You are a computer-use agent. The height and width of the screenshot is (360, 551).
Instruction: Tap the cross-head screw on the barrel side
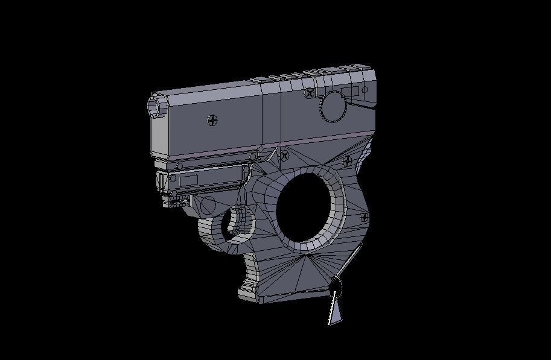(x=212, y=120)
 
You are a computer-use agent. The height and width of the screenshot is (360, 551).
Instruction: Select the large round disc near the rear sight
(x=333, y=107)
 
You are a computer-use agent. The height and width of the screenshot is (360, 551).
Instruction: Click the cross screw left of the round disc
(x=310, y=93)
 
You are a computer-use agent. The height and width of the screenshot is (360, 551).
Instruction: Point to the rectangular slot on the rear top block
(x=350, y=92)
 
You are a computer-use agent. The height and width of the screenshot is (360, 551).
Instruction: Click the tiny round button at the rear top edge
(x=365, y=90)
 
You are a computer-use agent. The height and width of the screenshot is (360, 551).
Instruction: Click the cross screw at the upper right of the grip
(x=347, y=161)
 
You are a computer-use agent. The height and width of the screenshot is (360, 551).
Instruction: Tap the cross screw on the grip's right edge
(x=364, y=216)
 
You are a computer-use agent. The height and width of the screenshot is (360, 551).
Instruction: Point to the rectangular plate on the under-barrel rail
(x=188, y=180)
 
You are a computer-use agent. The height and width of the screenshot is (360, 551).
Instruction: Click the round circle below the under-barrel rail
(x=208, y=205)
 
